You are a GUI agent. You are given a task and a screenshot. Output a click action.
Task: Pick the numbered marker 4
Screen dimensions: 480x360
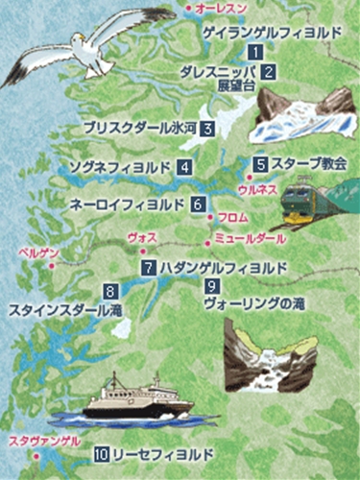pos(181,167)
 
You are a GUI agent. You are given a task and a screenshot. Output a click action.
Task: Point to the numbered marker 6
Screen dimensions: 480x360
pos(197,204)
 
